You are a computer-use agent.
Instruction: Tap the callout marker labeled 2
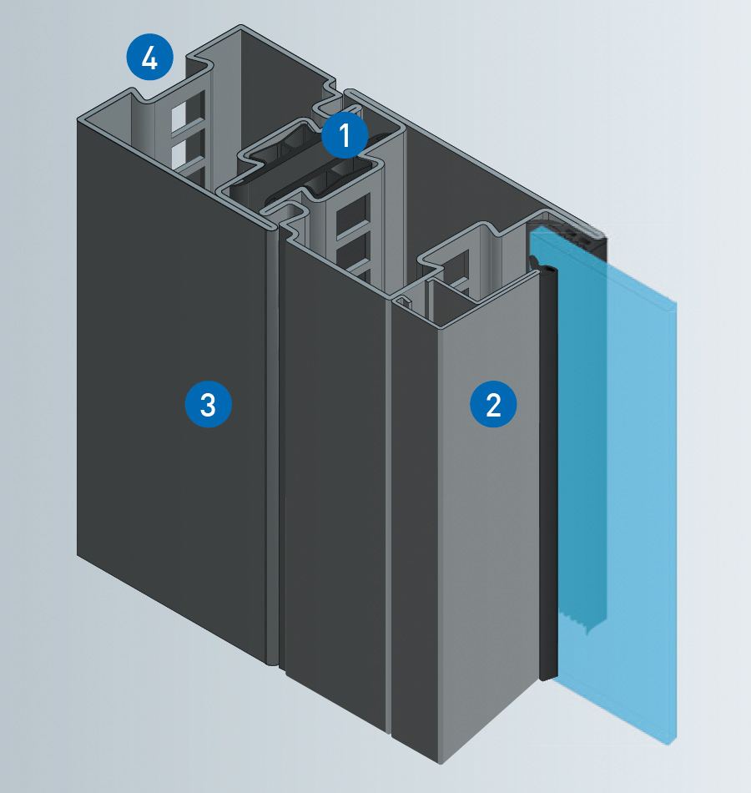493,405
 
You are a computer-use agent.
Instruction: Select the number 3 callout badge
207,405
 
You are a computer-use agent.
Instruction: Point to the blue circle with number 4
149,58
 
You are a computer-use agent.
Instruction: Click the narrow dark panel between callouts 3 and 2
334,501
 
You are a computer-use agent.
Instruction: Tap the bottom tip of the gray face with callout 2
440,760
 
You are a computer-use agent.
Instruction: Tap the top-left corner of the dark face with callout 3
79,121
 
